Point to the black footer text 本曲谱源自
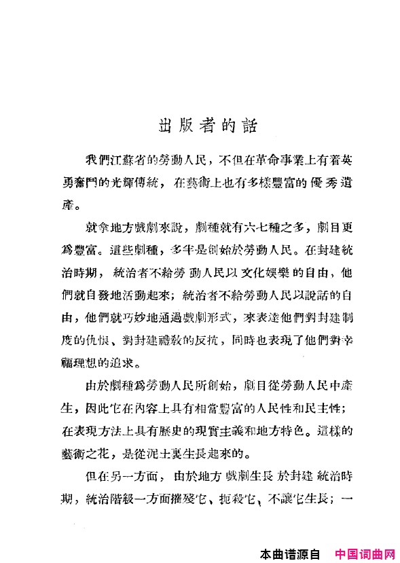click(295, 554)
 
